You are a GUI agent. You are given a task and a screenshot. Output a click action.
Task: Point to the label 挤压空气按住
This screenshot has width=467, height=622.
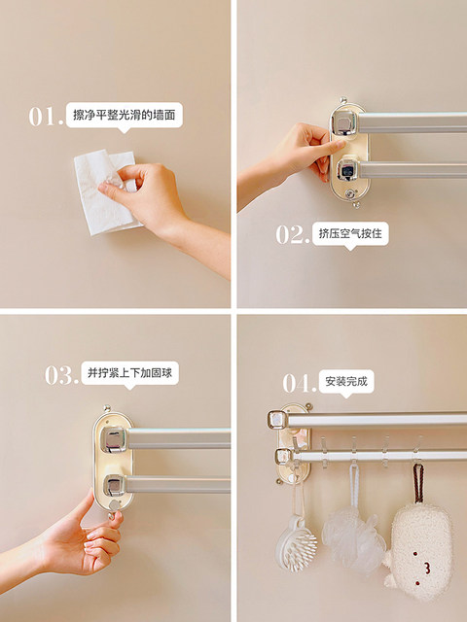pos(350,235)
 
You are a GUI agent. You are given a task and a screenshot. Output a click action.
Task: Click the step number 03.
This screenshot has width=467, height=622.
pos(60,374)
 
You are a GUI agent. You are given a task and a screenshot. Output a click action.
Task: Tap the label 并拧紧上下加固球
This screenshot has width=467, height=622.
pos(130,373)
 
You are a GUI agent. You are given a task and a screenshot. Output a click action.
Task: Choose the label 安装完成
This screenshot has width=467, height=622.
pos(348,382)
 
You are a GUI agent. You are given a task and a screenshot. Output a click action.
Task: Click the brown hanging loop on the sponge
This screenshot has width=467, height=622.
pos(417,482)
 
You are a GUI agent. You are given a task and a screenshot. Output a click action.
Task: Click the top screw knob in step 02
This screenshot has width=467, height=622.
pos(342,100)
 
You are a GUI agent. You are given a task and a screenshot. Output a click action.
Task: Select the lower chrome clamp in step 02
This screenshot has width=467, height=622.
pos(347,170)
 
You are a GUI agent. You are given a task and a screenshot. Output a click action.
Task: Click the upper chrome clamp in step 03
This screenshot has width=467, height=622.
pos(114,438)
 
